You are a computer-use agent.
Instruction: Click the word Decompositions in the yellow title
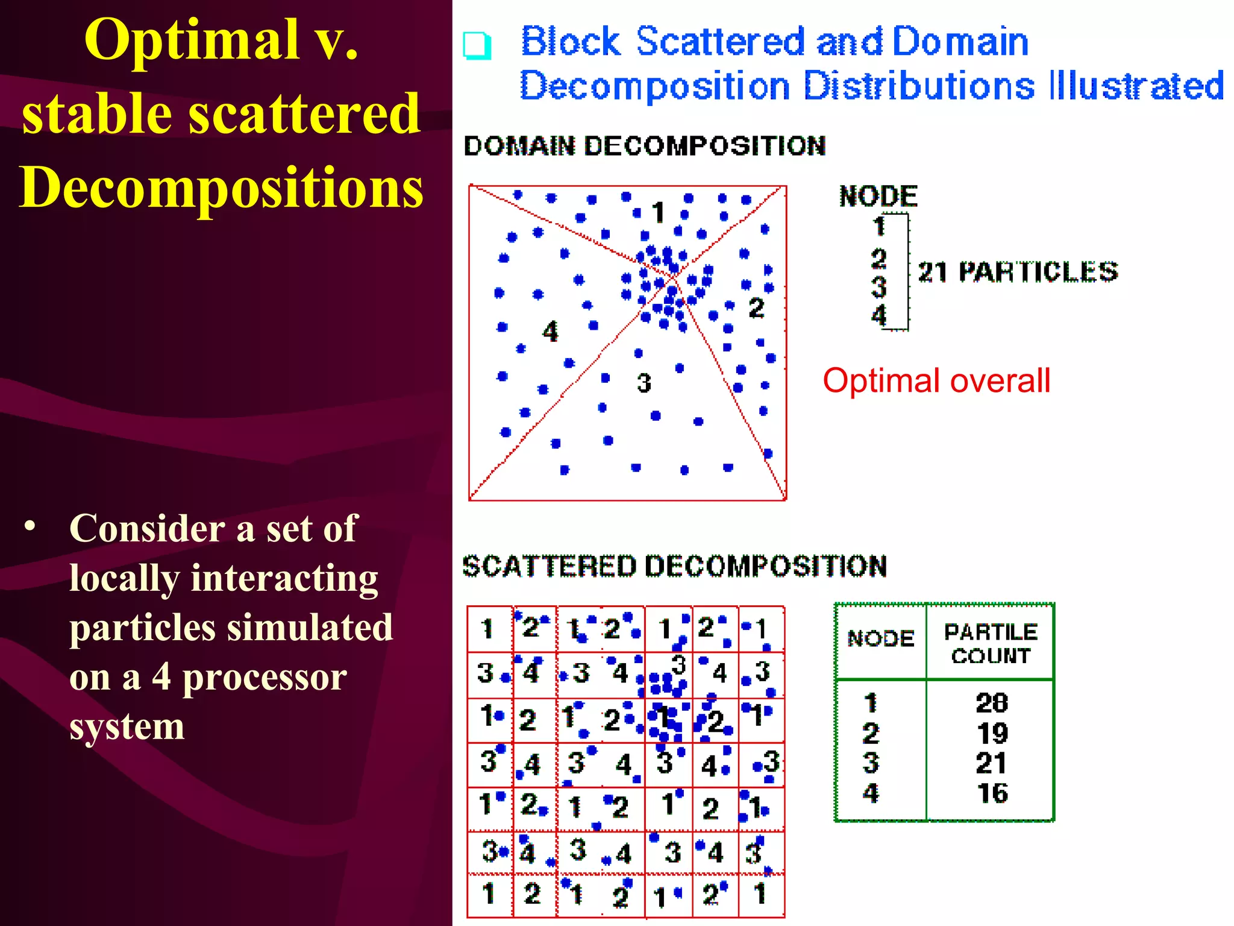pos(222,187)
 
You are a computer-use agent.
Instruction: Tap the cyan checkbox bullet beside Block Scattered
pos(477,45)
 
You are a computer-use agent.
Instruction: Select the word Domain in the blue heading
pos(960,42)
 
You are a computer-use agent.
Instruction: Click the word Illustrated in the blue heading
pos(1136,86)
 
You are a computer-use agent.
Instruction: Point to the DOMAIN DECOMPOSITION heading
pos(644,146)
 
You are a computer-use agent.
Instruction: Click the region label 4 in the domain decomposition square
pos(550,332)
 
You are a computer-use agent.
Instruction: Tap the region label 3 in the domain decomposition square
pos(644,383)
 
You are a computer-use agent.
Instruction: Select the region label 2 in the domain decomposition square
pos(756,308)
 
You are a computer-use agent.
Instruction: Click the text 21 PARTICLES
pos(1018,272)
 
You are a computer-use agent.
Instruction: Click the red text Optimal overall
pos(936,381)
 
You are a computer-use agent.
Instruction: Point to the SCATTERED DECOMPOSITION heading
pos(674,566)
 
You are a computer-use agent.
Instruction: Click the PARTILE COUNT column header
pos(991,643)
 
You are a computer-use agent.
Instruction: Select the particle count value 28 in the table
pos(992,703)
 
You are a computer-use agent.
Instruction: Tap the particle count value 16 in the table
pos(992,793)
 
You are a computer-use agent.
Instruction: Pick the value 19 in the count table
pos(992,733)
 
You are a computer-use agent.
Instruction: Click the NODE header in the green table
pos(880,638)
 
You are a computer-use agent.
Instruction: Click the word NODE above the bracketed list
pos(878,197)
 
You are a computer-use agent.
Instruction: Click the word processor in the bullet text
pos(265,677)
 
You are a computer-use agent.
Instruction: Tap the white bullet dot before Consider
pos(30,526)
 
